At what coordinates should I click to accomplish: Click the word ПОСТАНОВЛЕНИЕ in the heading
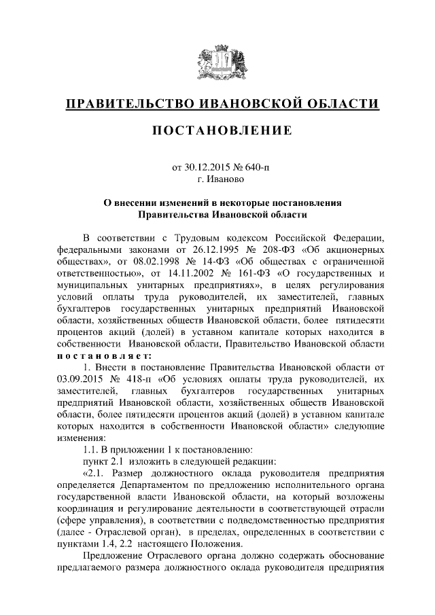coord(217,129)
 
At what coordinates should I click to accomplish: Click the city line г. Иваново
coord(217,180)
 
